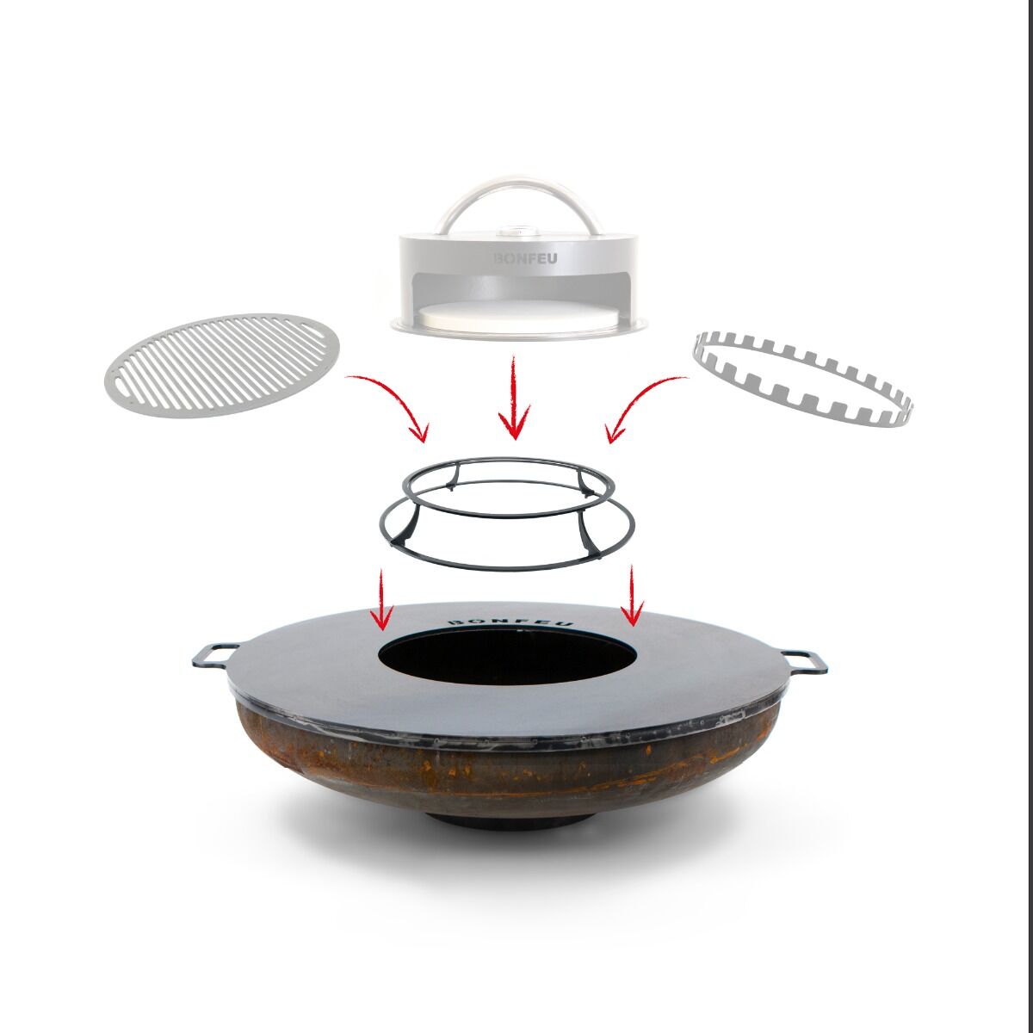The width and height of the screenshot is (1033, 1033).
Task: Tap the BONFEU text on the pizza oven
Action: tap(524, 259)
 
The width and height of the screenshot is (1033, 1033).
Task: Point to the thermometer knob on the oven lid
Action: tap(515, 231)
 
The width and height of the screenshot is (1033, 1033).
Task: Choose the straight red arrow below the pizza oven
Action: tap(514, 398)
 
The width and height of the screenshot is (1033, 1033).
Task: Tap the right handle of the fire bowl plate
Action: tap(804, 660)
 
